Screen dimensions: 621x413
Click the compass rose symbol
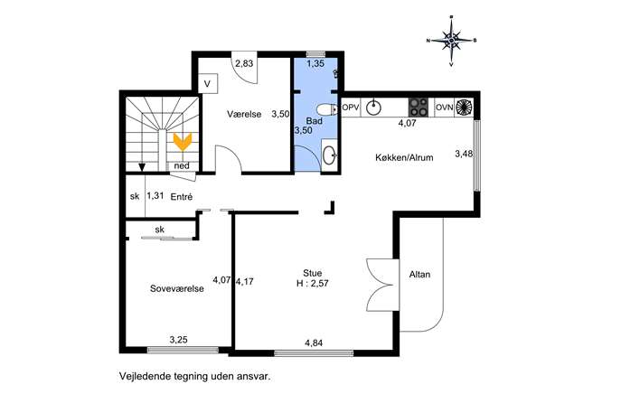451,41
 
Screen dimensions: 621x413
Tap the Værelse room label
244,114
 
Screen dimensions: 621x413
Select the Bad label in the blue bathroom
315,121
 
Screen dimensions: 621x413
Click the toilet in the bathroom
327,108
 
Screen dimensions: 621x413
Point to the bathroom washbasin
329,155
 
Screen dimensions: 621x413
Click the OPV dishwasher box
351,108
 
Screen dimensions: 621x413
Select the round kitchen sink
373,108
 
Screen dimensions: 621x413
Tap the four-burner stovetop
419,108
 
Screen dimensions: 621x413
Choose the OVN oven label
445,108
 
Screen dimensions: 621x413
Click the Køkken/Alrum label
404,157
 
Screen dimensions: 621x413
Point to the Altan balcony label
419,275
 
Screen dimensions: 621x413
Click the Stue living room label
313,273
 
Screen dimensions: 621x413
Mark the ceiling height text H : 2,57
313,283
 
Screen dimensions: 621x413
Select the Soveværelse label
177,288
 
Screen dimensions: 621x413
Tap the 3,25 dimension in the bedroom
179,340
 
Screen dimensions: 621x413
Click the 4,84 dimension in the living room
314,343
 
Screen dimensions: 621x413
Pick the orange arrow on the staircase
183,142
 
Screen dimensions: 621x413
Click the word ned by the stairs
182,166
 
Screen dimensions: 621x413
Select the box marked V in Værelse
207,83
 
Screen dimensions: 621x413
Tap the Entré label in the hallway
182,196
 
